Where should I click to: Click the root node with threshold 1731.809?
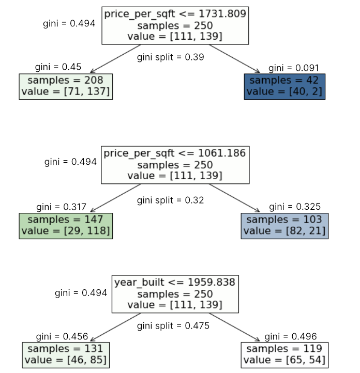tap(175, 25)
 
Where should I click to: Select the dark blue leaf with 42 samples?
tap(284, 86)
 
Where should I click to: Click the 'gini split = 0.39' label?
tap(170, 57)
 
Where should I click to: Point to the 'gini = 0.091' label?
tap(293, 68)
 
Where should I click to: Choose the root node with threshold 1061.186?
tap(174, 165)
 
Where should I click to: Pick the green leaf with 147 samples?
tap(66, 225)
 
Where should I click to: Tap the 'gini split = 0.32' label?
tap(170, 200)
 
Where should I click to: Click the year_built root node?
tap(175, 293)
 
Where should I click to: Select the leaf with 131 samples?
tap(66, 354)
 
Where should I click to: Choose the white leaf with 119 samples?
tap(284, 354)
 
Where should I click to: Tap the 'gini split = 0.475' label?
tap(173, 325)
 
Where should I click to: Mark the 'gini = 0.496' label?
tap(291, 336)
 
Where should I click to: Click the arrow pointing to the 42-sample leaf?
tap(234, 58)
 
